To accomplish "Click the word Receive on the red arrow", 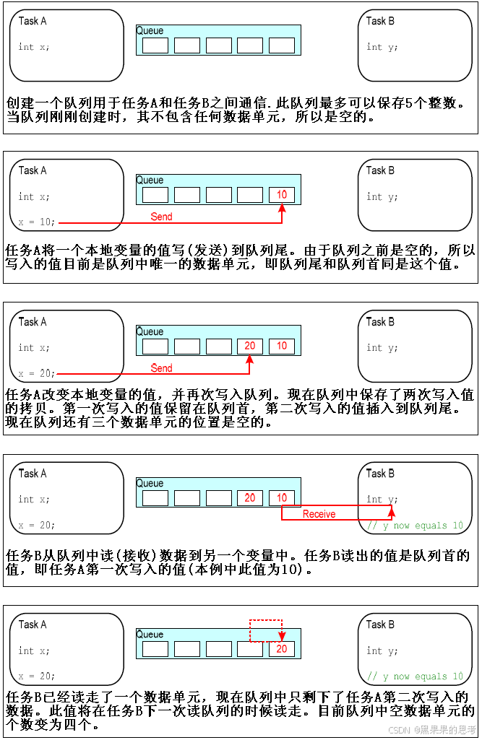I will point(319,514).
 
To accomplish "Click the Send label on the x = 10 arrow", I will point(161,217).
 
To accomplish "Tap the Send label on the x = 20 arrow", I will point(161,368).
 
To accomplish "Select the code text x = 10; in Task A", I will point(37,222).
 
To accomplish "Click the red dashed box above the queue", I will point(265,630).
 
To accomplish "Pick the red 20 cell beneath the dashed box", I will point(281,648).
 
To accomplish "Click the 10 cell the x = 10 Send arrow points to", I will point(282,194).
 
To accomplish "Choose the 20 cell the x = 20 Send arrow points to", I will point(250,346).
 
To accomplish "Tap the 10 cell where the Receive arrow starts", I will point(282,497).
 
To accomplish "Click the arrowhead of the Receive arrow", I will point(391,510).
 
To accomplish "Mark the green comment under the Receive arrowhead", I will point(415,526).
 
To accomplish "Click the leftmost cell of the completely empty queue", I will point(155,45).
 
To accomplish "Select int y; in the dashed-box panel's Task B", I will point(382,650).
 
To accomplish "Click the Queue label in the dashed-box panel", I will point(150,635).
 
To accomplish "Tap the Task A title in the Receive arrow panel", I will point(33,474).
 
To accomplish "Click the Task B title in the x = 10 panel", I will point(380,170).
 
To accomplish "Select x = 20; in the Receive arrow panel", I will point(37,525).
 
